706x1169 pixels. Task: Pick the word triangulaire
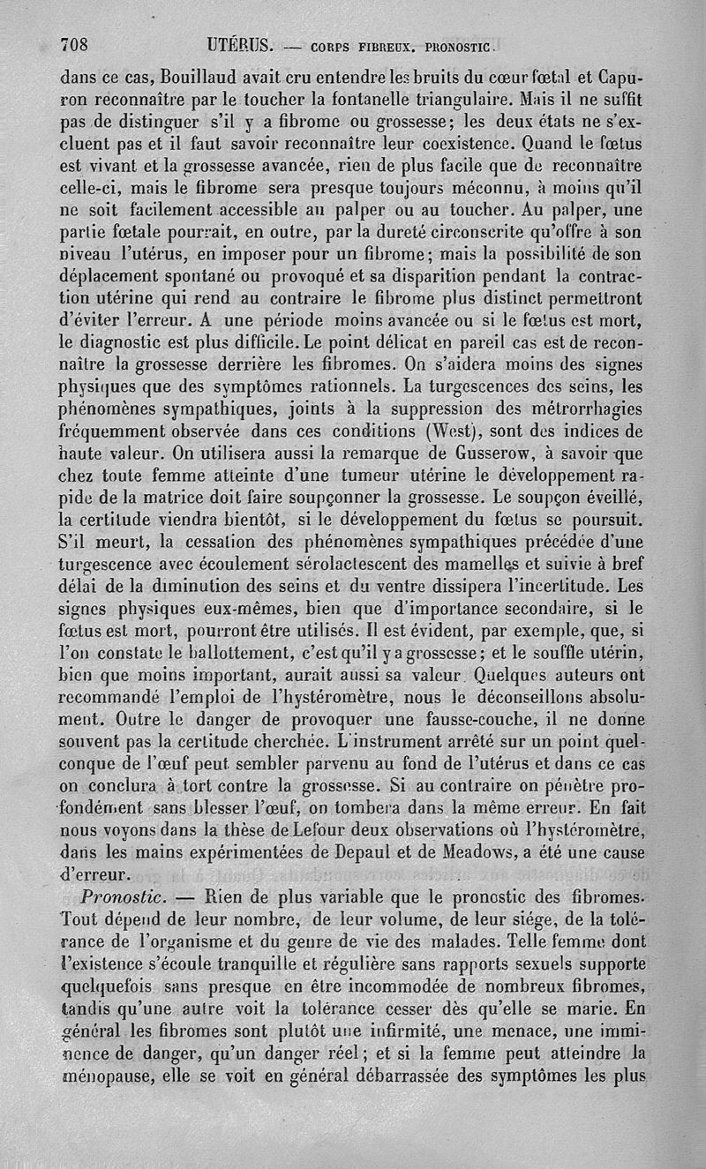tap(465, 95)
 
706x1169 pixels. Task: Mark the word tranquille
tap(239, 963)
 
